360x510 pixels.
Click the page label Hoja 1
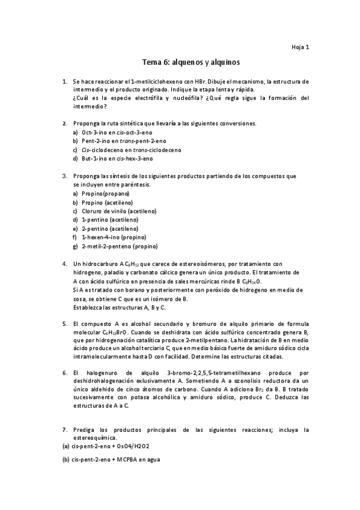[300, 46]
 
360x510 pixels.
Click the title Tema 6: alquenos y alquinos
[192, 61]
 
